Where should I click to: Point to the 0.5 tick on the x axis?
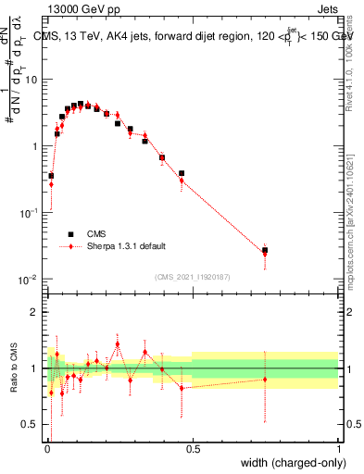(193, 448)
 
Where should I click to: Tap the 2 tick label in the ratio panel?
(35, 312)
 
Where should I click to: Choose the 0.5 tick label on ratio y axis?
(31, 425)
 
